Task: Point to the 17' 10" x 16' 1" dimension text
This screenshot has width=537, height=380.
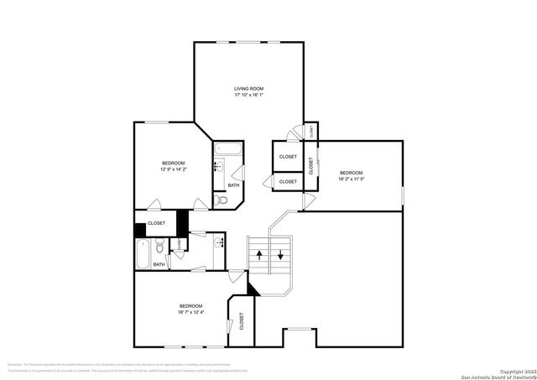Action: pyautogui.click(x=248, y=95)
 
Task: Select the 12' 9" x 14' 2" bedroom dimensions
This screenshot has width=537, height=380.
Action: pyautogui.click(x=174, y=169)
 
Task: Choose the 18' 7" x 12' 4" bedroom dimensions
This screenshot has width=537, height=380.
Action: pyautogui.click(x=190, y=313)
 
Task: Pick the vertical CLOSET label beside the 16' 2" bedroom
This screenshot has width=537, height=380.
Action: pyautogui.click(x=310, y=164)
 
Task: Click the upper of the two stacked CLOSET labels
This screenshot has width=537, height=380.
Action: pyautogui.click(x=288, y=156)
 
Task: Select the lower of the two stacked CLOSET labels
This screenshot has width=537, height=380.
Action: pyautogui.click(x=288, y=181)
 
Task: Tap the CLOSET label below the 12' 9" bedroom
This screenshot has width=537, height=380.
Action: pyautogui.click(x=156, y=223)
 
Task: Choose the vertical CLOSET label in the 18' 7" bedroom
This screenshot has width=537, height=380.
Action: pyautogui.click(x=242, y=320)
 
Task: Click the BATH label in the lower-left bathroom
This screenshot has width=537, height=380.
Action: pyautogui.click(x=159, y=265)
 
